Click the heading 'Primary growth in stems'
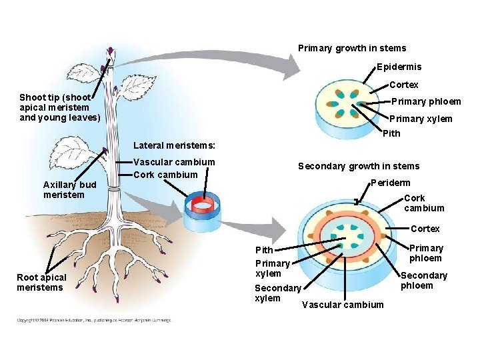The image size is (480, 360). point(351,48)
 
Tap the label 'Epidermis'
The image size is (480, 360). point(399,67)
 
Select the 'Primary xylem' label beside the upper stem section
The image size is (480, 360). point(421,119)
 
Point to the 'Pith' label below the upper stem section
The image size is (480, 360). point(391,133)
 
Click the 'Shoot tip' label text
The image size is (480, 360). point(60,107)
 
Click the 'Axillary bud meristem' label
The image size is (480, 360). point(69,189)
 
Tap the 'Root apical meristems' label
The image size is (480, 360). point(41,282)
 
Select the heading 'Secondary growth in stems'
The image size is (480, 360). point(359,166)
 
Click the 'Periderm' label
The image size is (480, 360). point(391,183)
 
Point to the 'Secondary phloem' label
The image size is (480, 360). point(423,280)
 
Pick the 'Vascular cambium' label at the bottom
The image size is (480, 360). point(343,305)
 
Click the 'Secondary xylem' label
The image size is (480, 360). point(277,293)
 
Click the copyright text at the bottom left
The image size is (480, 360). point(94,320)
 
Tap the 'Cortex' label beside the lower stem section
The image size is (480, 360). point(425,229)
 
